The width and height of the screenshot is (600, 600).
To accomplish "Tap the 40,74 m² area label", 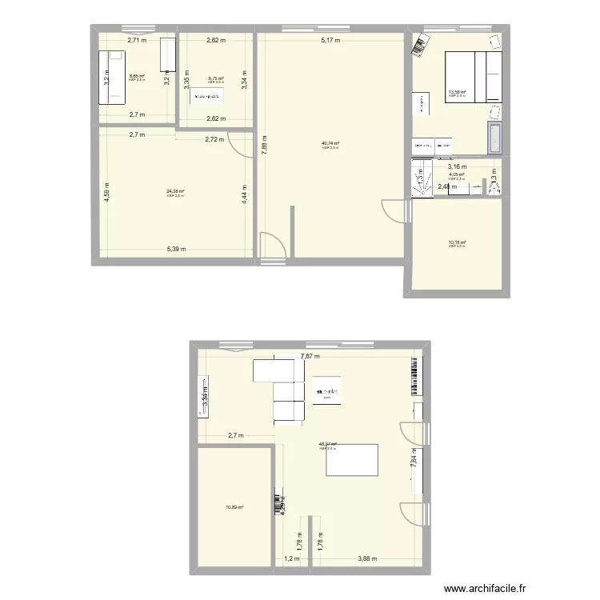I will pyautogui.click(x=330, y=143).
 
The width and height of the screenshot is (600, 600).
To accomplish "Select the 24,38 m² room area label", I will pyautogui.click(x=175, y=191).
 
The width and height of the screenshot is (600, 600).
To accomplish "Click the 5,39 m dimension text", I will pyautogui.click(x=177, y=249).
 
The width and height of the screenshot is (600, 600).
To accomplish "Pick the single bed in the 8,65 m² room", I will pyautogui.click(x=113, y=78).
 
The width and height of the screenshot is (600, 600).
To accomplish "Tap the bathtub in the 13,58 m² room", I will pyautogui.click(x=495, y=138).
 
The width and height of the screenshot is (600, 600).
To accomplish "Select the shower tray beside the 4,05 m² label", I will pyautogui.click(x=420, y=177).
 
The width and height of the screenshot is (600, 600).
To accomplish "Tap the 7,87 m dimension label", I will pyautogui.click(x=310, y=357).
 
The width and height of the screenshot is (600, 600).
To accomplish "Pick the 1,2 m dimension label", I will pyautogui.click(x=291, y=559).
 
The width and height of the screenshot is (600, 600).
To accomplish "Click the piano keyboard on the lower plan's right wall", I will pyautogui.click(x=416, y=377).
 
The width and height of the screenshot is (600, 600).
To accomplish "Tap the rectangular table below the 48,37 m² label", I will pyautogui.click(x=352, y=459).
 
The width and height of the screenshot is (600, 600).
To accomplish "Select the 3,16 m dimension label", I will pyautogui.click(x=457, y=167).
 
